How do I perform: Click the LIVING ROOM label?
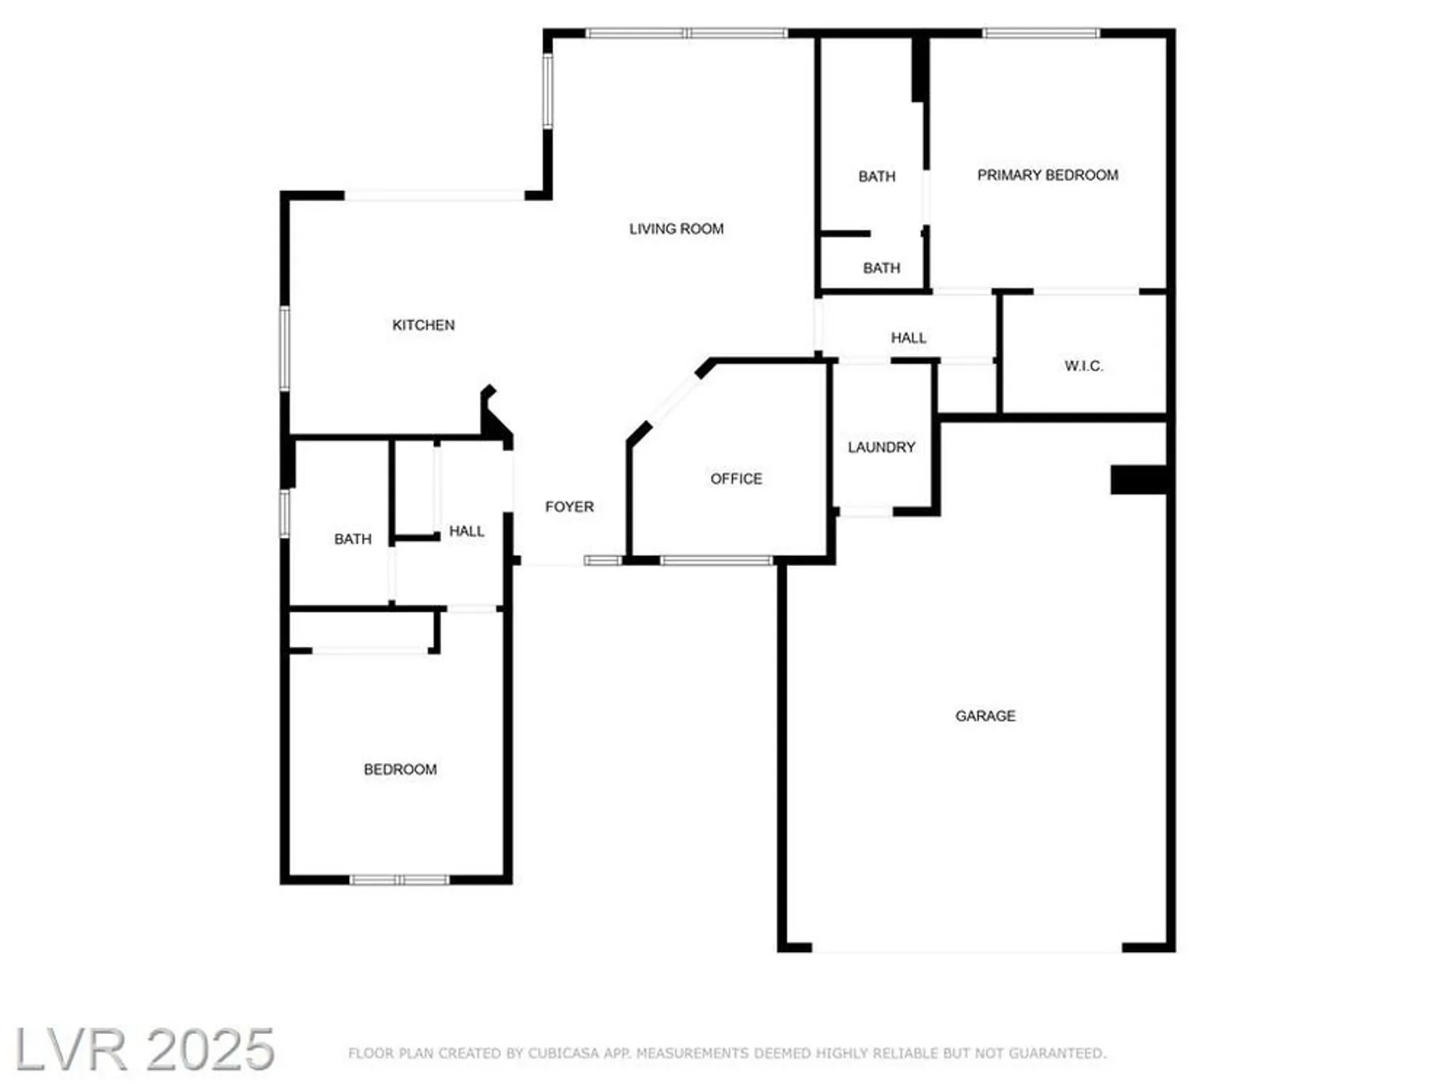click(x=676, y=229)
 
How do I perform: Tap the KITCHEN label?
click(x=423, y=325)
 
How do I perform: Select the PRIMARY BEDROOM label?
click(x=1047, y=175)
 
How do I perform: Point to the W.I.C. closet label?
click(x=1083, y=366)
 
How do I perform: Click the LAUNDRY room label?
click(x=881, y=447)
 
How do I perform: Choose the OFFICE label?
click(x=736, y=479)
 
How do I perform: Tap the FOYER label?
click(x=569, y=506)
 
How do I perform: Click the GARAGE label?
click(x=985, y=716)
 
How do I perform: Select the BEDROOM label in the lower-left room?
click(x=400, y=769)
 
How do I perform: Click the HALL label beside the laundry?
click(x=908, y=338)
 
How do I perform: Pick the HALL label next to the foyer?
click(x=466, y=531)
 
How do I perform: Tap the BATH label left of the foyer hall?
click(x=353, y=539)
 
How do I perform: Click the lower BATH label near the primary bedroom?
click(x=881, y=268)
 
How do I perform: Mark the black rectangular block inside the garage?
click(x=1138, y=480)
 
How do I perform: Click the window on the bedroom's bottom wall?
click(x=399, y=880)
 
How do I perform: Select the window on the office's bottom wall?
click(x=716, y=560)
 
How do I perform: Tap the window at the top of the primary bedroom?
click(x=1040, y=33)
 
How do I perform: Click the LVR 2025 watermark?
click(x=144, y=1049)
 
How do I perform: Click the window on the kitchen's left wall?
click(x=285, y=349)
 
